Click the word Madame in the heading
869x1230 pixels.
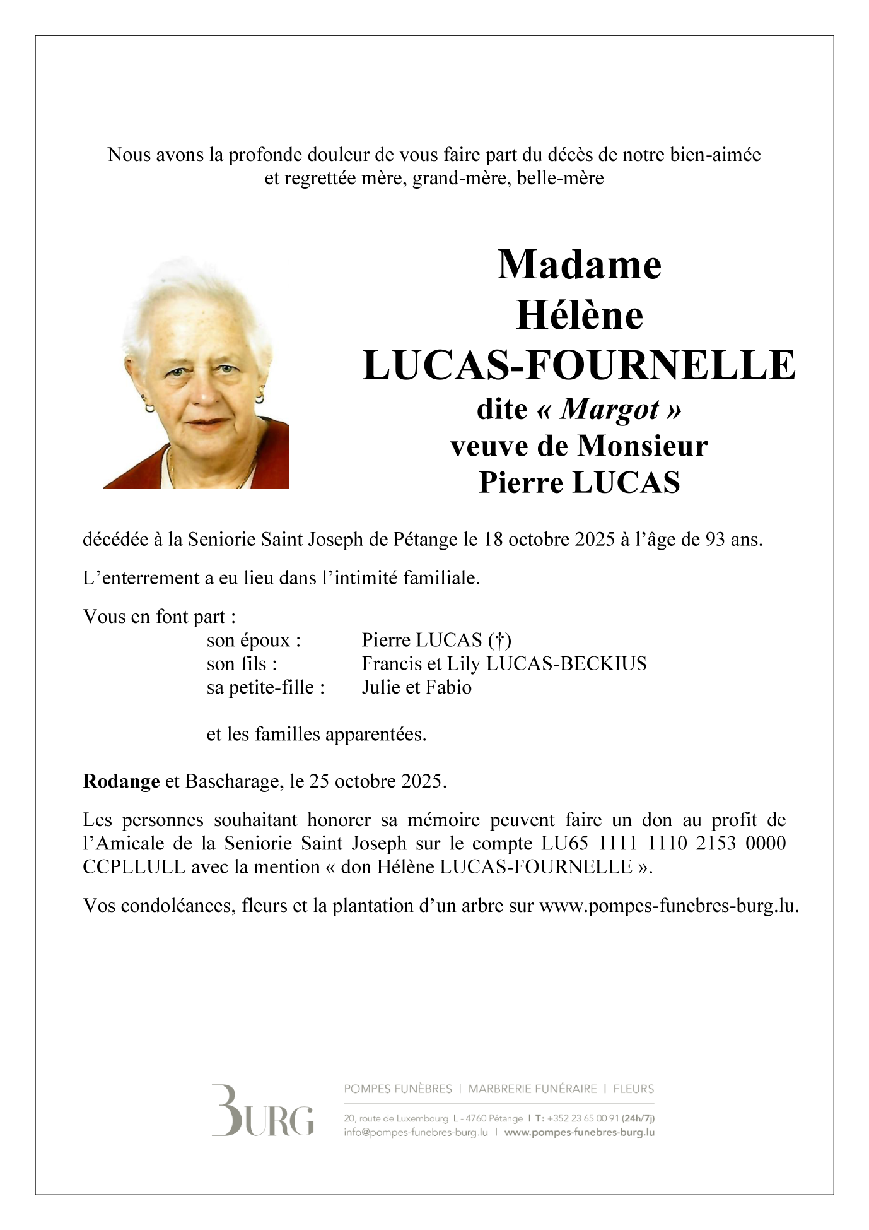click(579, 265)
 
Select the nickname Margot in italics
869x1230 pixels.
click(609, 410)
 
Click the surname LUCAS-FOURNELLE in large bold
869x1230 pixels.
click(579, 365)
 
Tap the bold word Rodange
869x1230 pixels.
click(121, 781)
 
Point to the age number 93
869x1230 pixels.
click(714, 540)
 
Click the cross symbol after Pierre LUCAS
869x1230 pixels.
click(499, 641)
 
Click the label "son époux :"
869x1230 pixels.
click(254, 641)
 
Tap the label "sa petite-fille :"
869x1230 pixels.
click(265, 687)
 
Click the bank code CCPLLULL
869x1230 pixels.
click(134, 867)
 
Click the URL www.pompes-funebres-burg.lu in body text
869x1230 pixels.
click(668, 906)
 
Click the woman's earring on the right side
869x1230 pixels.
click(260, 398)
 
